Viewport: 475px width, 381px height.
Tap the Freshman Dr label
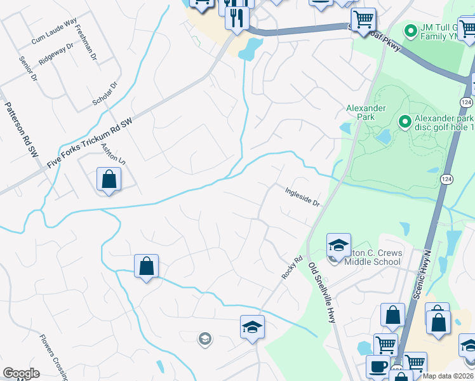[x=85, y=42]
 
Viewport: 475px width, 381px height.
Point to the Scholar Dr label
[x=106, y=93]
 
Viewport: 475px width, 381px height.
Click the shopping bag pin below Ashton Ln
[x=109, y=179]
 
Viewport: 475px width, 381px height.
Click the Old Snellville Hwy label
[x=322, y=293]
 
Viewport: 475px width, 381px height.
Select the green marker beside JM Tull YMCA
[x=411, y=29]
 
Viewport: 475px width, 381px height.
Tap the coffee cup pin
[x=379, y=367]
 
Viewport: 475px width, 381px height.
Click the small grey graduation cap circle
[x=204, y=338]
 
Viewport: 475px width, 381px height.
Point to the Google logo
[x=21, y=373]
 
